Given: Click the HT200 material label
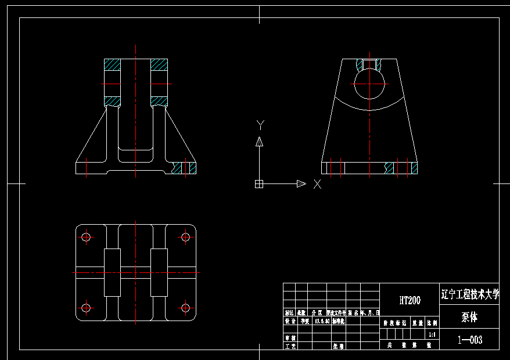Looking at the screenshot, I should coord(410,300).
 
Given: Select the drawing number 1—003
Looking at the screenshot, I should coord(469,340).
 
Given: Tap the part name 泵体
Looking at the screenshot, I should coord(469,318).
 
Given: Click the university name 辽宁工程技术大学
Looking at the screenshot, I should coord(469,294).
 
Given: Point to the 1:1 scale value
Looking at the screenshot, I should coord(431,334).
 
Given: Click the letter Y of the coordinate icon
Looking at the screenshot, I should coord(260,124).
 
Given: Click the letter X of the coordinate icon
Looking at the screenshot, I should coord(317,184).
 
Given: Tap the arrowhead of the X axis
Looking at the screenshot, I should coord(301,184).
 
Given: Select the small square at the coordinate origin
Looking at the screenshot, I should coord(259,184).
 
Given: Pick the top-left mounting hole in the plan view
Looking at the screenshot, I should coord(87,237).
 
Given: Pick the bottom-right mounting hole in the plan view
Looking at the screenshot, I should coord(185,308).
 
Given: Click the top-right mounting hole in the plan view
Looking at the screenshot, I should coord(185,237).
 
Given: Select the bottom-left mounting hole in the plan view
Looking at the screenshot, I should coord(87,308).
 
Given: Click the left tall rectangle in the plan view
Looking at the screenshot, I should coord(112,272).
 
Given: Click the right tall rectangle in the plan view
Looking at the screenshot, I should coord(159,272).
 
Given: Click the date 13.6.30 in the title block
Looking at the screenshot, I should coord(321,321).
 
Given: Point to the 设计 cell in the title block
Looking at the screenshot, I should coord(289,321).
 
